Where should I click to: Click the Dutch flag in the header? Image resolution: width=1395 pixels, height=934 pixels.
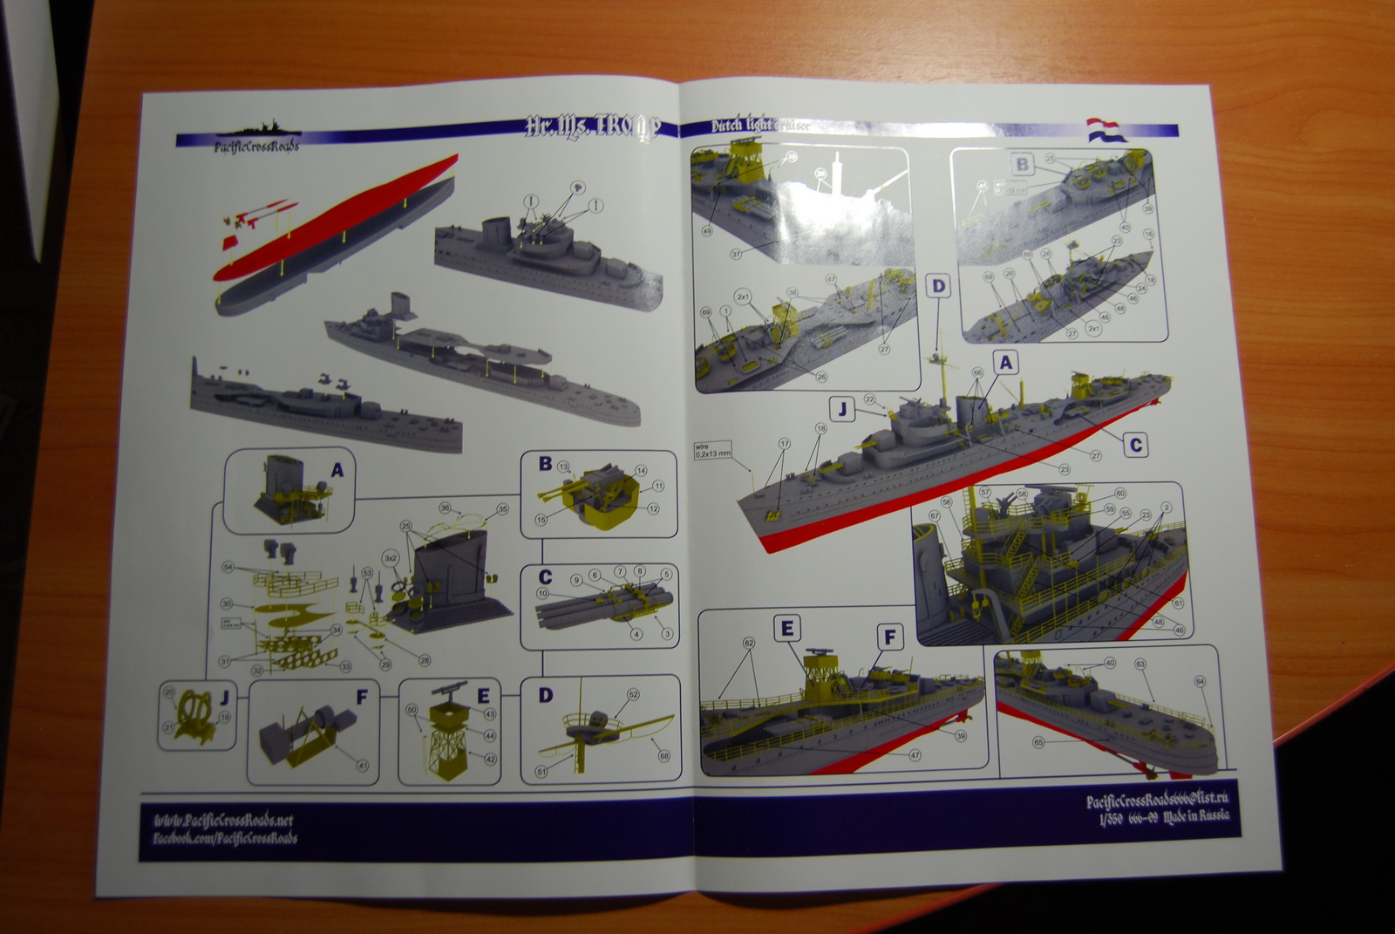[x=1106, y=129]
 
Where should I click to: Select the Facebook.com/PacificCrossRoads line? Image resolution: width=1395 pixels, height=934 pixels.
[x=225, y=838]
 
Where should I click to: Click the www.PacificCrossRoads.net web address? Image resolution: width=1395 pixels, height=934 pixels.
[x=223, y=820]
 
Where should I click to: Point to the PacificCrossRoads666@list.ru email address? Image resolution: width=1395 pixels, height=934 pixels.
[x=1157, y=800]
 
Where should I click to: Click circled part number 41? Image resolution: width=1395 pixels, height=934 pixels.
[x=363, y=765]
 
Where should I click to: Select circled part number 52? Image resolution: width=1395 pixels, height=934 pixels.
[x=633, y=694]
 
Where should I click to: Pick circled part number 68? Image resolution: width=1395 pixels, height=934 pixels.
[x=664, y=755]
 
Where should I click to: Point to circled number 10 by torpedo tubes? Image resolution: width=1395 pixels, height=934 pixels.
[x=542, y=593]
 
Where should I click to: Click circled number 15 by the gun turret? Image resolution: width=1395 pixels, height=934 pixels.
[x=541, y=520]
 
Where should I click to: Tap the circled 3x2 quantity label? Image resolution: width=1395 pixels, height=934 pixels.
[x=391, y=557]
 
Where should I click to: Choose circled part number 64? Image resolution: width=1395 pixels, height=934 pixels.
[x=1200, y=681]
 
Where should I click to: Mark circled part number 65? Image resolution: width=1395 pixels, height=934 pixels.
[x=1038, y=742]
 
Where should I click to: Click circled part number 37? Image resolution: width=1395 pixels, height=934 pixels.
[x=736, y=254]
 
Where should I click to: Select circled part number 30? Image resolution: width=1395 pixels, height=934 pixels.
[x=227, y=603]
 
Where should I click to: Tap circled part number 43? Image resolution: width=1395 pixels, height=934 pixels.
[x=490, y=714]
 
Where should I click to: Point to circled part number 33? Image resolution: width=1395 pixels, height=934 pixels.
[x=345, y=667]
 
